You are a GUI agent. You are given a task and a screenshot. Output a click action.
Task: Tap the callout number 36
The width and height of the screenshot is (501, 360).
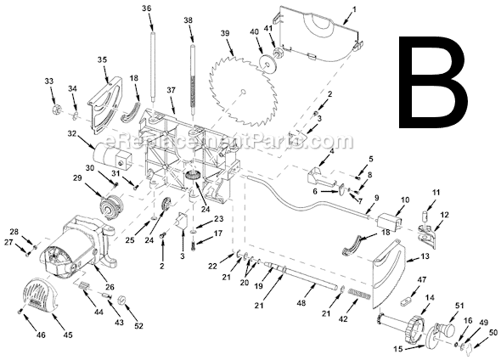coord(147,8)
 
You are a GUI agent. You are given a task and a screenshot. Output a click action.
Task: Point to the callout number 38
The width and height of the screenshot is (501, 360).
coord(188,20)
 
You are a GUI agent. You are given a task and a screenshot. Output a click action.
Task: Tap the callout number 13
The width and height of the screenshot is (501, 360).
coord(425,256)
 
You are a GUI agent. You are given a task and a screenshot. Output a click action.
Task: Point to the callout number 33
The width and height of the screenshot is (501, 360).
coord(48,81)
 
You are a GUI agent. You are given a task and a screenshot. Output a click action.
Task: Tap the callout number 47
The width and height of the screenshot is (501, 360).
coord(422,279)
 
